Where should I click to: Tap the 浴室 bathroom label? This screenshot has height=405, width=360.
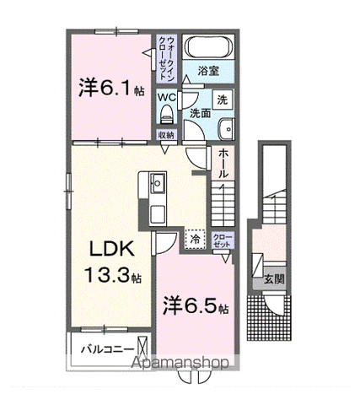(x=208, y=72)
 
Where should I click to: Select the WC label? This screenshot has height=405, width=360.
(x=165, y=97)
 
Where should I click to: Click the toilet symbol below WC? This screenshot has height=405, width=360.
(x=166, y=115)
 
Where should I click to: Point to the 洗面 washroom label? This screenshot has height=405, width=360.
(x=199, y=112)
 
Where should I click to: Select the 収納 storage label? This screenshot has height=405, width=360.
(x=166, y=134)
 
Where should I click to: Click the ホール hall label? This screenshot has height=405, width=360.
(x=223, y=162)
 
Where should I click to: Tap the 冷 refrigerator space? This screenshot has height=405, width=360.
(x=195, y=239)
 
